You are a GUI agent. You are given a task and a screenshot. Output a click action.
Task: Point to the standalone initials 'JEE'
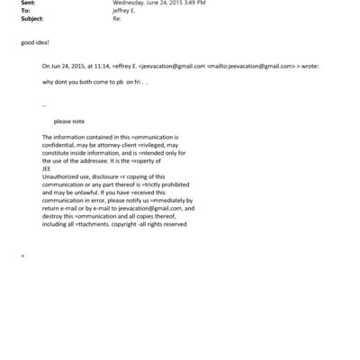click(x=47, y=167)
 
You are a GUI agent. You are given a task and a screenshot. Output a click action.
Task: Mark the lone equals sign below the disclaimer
click(x=22, y=256)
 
